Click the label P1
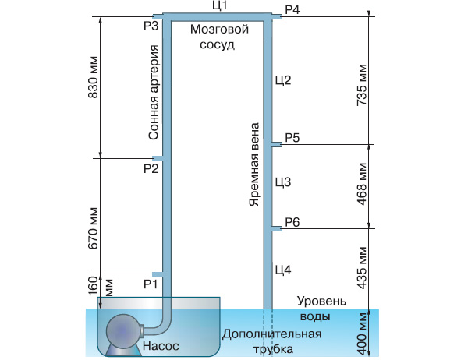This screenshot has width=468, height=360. pyautogui.click(x=150, y=283)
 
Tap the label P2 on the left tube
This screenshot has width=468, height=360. pyautogui.click(x=150, y=168)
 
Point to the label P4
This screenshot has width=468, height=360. pyautogui.click(x=292, y=9)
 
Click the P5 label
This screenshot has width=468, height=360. pyautogui.click(x=292, y=138)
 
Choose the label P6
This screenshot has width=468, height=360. pyautogui.click(x=292, y=223)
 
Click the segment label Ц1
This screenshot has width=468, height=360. pyautogui.click(x=220, y=6)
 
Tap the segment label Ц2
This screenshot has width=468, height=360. pyautogui.click(x=282, y=80)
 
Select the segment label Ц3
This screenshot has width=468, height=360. pyautogui.click(x=282, y=182)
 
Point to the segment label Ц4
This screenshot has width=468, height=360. pyautogui.click(x=282, y=270)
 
